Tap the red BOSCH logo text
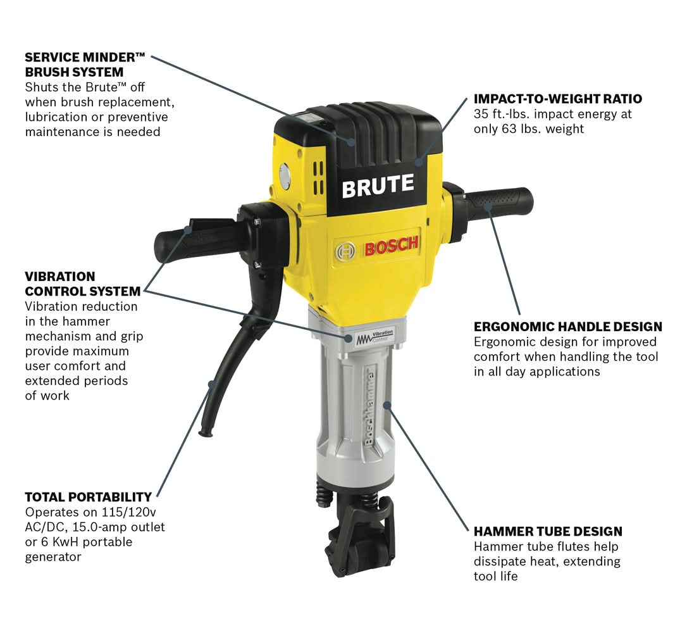click(391, 247)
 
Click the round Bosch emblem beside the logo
click(345, 252)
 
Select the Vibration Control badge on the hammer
click(374, 337)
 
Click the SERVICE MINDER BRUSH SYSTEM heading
click(85, 65)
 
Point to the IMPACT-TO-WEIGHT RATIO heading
click(558, 99)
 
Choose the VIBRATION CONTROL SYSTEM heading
click(83, 284)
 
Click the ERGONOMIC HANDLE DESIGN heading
click(568, 327)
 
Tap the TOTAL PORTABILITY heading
click(88, 497)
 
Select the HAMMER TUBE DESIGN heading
click(548, 531)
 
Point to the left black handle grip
click(193, 241)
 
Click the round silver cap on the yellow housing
click(284, 177)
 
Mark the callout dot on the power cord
click(213, 384)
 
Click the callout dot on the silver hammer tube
click(387, 404)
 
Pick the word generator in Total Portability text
click(53, 557)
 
